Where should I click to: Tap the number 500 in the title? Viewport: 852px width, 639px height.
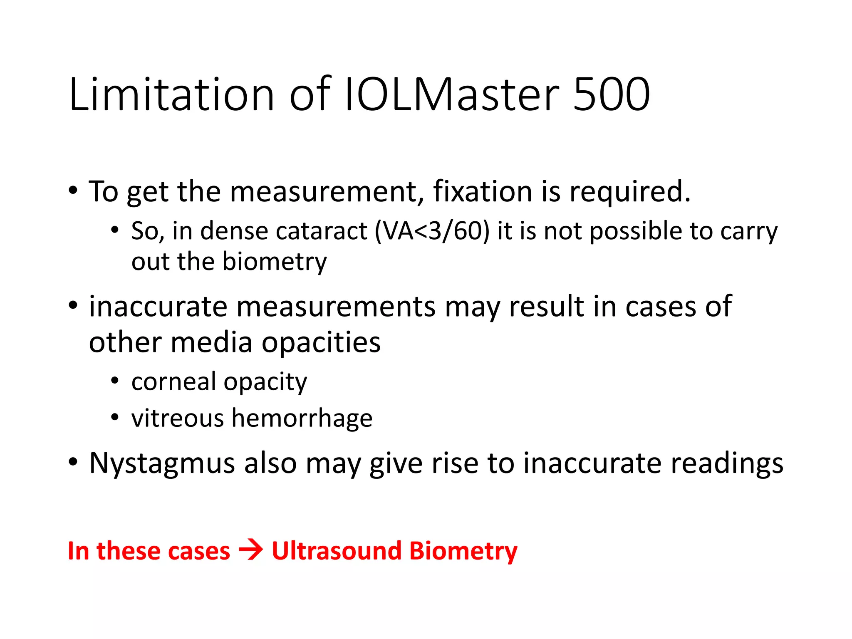(x=611, y=94)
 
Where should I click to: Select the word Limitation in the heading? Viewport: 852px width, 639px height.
(x=171, y=94)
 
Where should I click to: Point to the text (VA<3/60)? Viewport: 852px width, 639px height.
(x=432, y=231)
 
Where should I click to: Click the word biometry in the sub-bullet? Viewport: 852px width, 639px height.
(x=275, y=262)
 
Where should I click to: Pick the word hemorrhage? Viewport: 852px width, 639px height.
(x=302, y=419)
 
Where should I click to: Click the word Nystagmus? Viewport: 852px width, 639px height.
(x=162, y=463)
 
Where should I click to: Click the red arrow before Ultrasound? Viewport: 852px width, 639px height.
(x=251, y=551)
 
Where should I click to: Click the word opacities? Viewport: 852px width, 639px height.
(x=321, y=343)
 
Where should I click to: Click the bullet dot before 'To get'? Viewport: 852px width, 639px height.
(x=73, y=191)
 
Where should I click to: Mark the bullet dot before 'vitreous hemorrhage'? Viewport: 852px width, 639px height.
(x=115, y=417)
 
